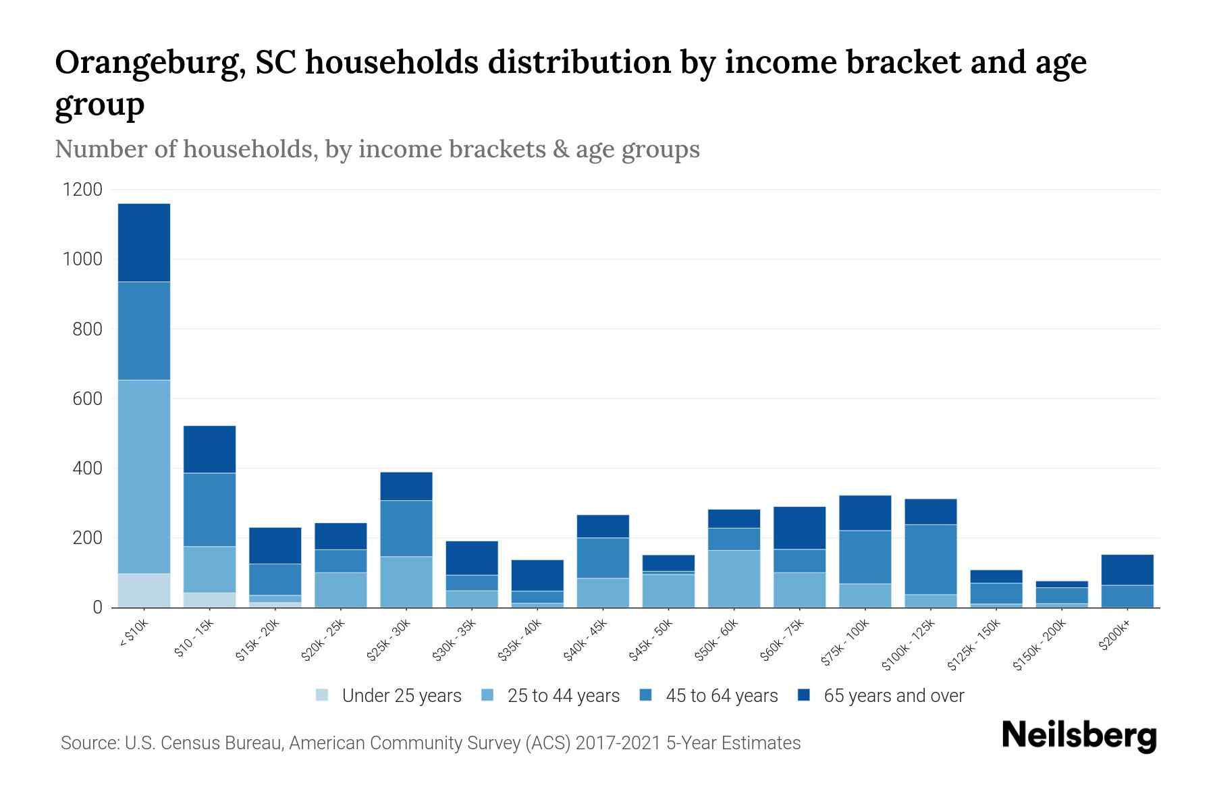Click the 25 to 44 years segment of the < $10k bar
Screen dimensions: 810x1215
pyautogui.click(x=144, y=477)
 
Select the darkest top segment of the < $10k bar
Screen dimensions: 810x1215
pyautogui.click(x=144, y=242)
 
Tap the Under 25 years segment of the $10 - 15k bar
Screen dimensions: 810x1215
pyautogui.click(x=209, y=599)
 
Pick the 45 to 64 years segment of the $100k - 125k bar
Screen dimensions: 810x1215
pyautogui.click(x=931, y=559)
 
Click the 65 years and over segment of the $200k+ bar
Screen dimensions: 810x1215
pyautogui.click(x=1127, y=570)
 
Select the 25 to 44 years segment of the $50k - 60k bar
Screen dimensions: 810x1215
pyautogui.click(x=734, y=578)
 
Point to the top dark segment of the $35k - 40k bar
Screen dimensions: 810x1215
pyautogui.click(x=537, y=575)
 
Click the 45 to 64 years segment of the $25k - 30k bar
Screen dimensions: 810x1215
pyautogui.click(x=406, y=528)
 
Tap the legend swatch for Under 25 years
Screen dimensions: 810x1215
pyautogui.click(x=323, y=695)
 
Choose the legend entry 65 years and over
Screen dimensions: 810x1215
pyautogui.click(x=893, y=695)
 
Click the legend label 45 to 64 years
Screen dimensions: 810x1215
pyautogui.click(x=721, y=695)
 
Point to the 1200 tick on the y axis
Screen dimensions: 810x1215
pyautogui.click(x=82, y=190)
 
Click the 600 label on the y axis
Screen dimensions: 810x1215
pyautogui.click(x=88, y=399)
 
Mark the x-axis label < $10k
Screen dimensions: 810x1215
pyautogui.click(x=134, y=634)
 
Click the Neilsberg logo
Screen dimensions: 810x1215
pyautogui.click(x=1079, y=736)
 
